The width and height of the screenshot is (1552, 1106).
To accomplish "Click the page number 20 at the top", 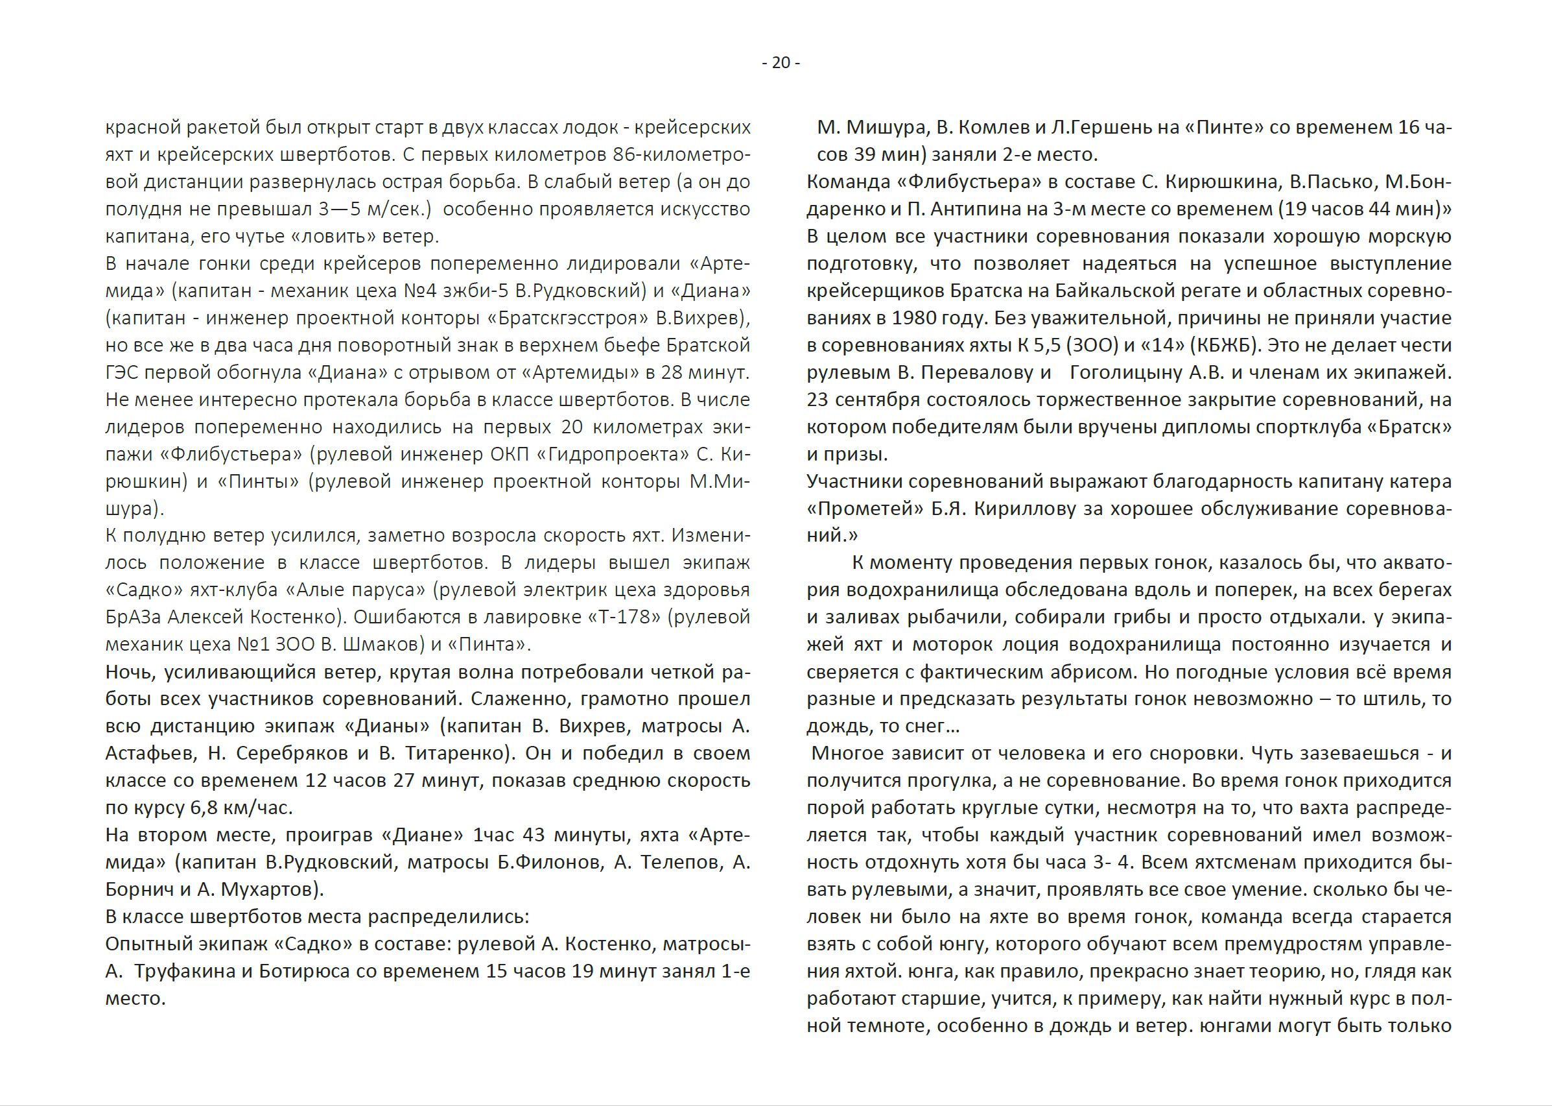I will [x=781, y=63].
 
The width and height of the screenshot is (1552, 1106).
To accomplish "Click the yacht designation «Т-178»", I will [x=624, y=617].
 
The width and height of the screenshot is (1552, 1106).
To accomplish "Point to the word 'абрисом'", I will [x=1093, y=672].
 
